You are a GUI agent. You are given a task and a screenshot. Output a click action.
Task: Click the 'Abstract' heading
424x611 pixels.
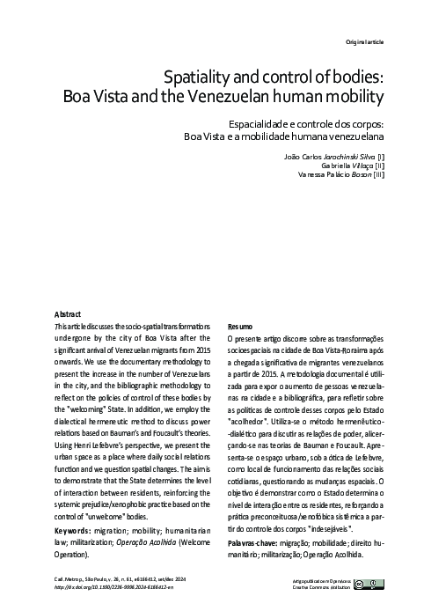point(67,313)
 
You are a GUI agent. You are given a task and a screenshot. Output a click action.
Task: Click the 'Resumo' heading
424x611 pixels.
point(239,325)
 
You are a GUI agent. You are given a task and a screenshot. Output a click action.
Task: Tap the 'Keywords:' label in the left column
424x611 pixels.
point(74,533)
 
